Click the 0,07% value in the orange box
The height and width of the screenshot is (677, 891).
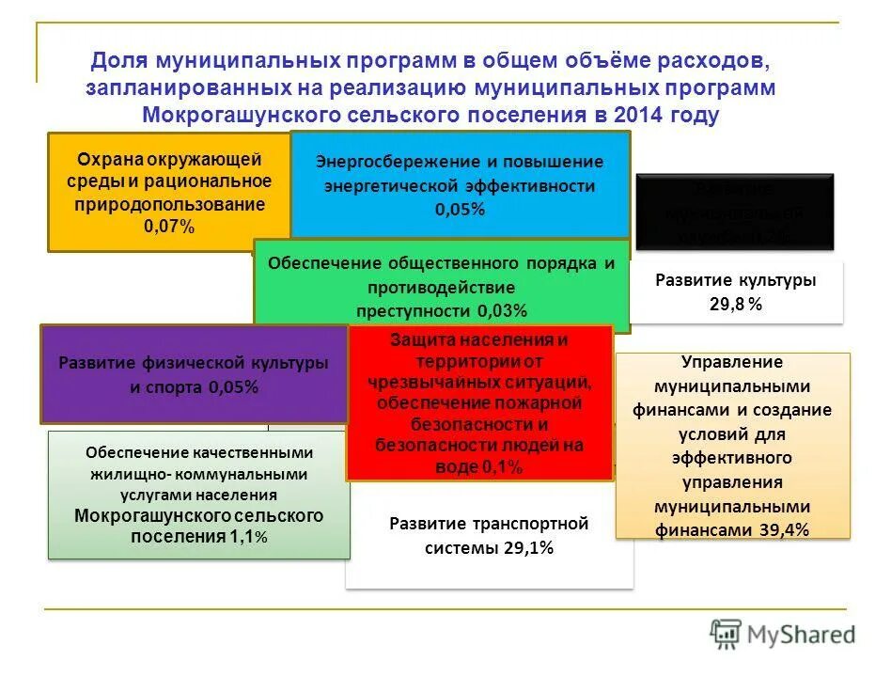pyautogui.click(x=169, y=227)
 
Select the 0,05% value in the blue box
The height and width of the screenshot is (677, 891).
pyautogui.click(x=460, y=210)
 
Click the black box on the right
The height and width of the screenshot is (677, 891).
pyautogui.click(x=735, y=213)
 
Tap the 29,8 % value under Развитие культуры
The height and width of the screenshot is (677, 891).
pyautogui.click(x=735, y=305)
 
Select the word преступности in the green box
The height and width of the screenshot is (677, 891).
pyautogui.click(x=414, y=311)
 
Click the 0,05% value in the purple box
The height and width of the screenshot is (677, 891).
pyautogui.click(x=233, y=386)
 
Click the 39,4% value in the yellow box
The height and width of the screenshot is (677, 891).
pyautogui.click(x=784, y=530)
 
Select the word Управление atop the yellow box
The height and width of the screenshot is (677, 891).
pyautogui.click(x=734, y=362)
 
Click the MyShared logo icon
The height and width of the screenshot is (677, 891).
pyautogui.click(x=726, y=635)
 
